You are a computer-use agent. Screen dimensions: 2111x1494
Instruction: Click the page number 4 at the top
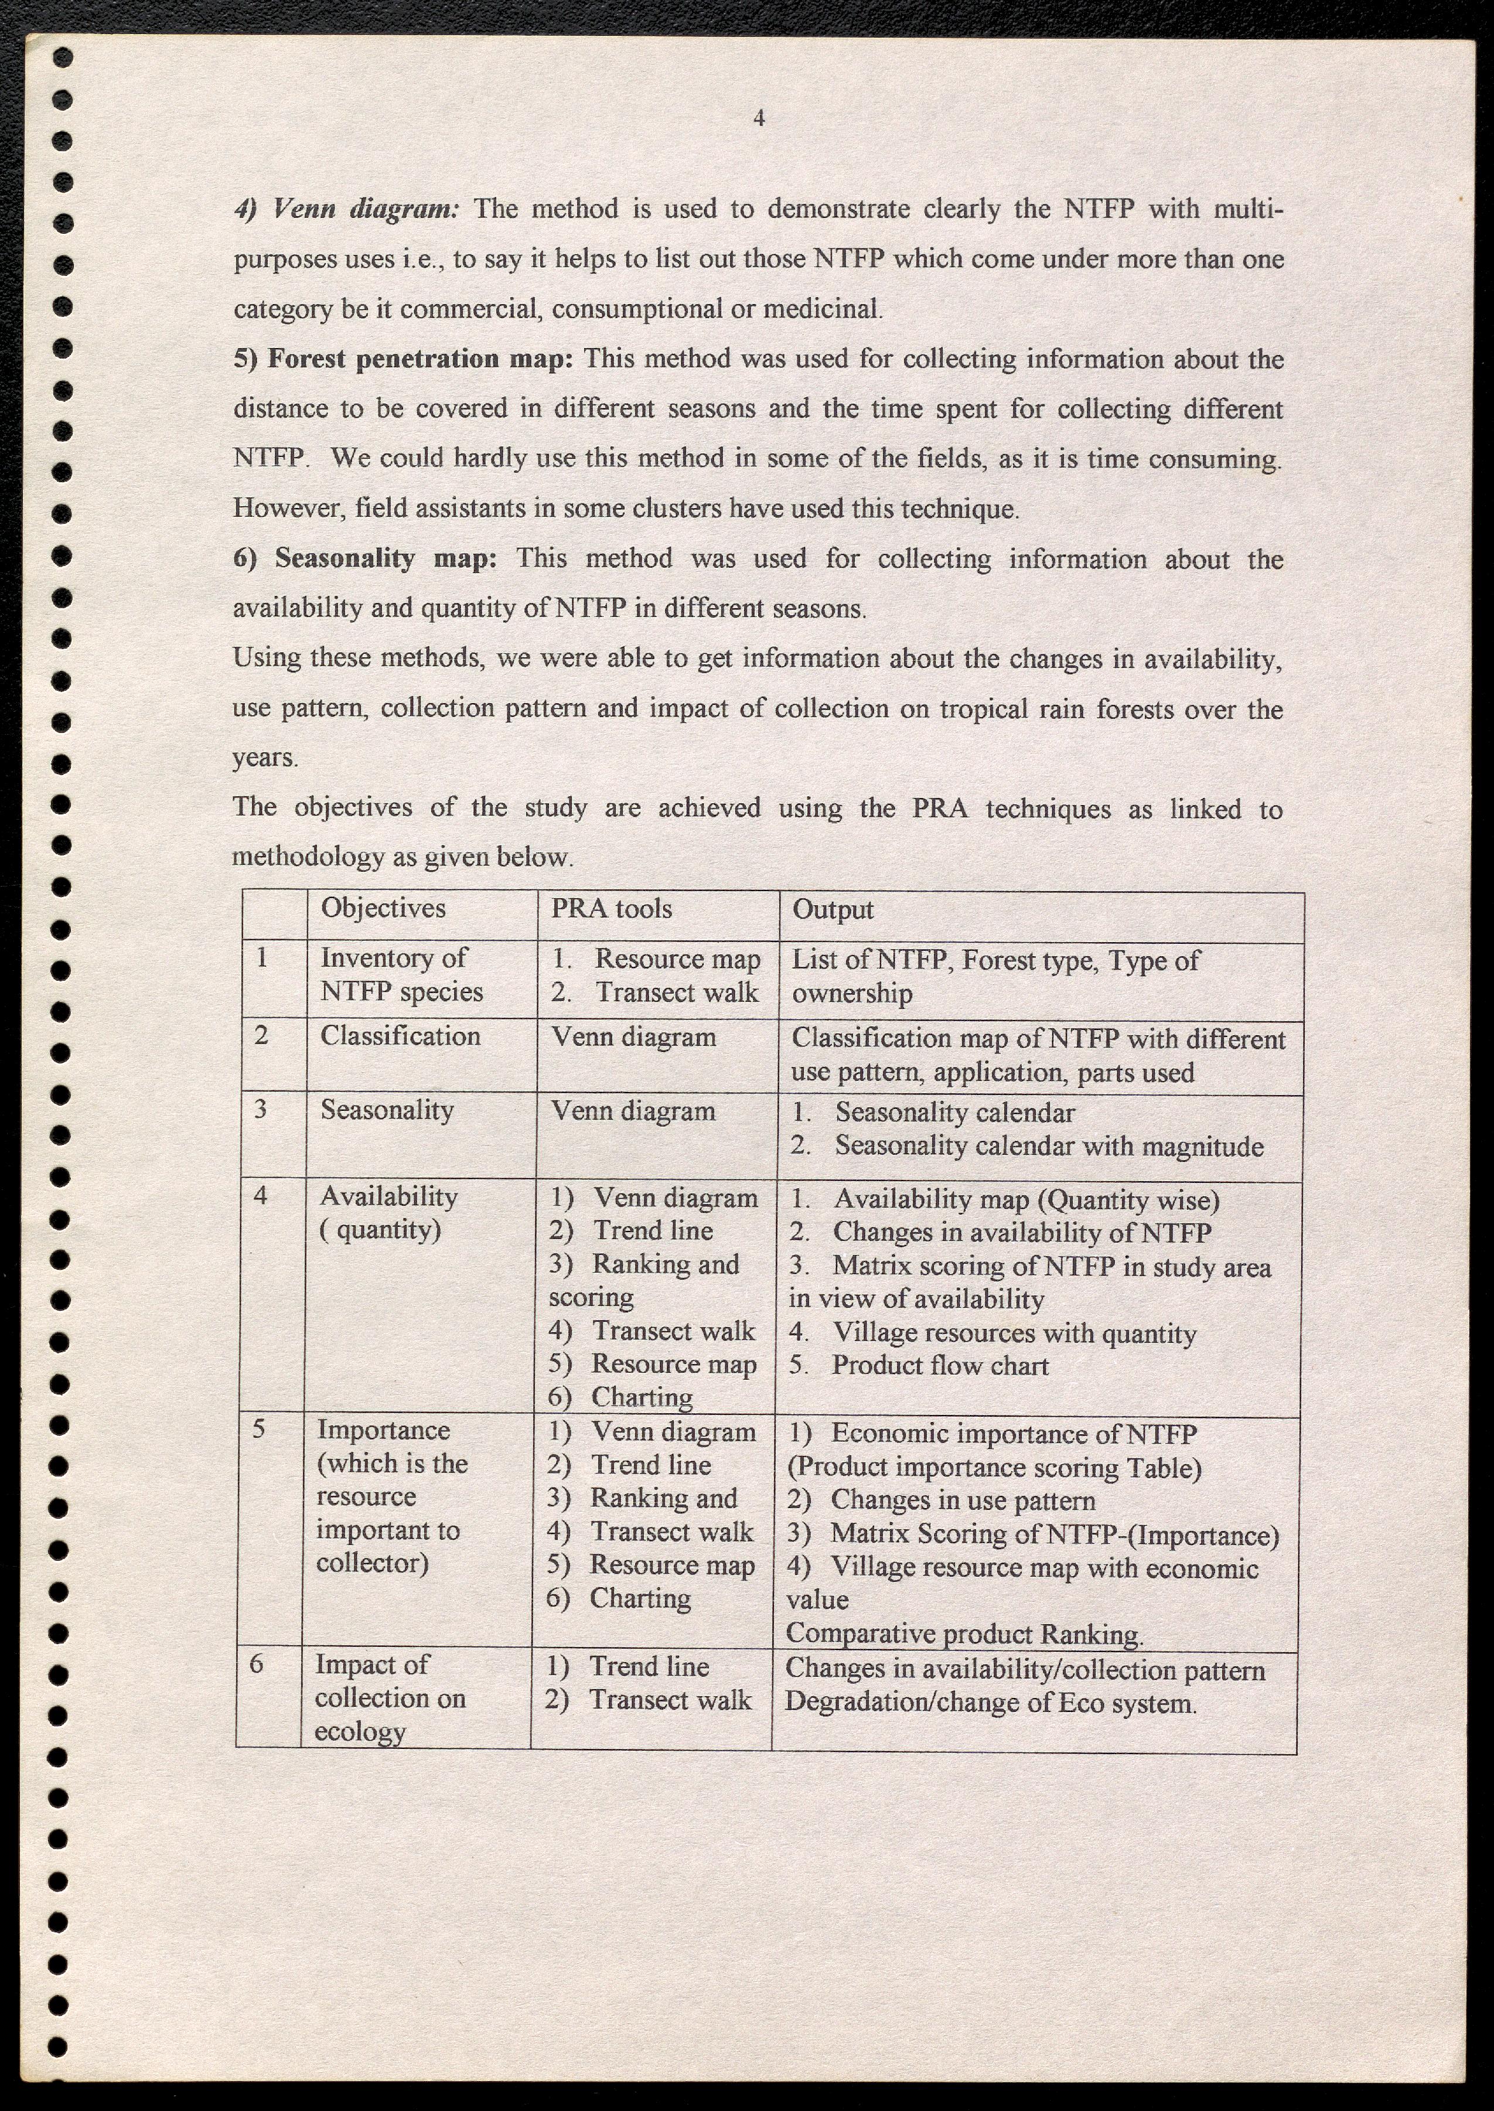(759, 118)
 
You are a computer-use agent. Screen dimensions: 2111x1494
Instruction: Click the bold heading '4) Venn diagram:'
(346, 209)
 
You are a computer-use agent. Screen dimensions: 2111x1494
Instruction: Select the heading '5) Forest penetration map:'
(403, 359)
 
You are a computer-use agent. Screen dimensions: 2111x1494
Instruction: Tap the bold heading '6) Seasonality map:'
(364, 558)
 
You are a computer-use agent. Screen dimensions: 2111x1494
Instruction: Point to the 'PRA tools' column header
(612, 909)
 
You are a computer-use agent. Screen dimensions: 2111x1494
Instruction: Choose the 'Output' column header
(833, 910)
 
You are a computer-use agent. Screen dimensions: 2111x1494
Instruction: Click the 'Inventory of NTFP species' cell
(402, 975)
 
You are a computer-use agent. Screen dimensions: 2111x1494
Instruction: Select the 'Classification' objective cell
(400, 1036)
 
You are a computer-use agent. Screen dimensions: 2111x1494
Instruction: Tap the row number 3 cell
(261, 1109)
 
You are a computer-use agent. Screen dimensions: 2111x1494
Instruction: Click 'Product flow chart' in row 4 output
(940, 1366)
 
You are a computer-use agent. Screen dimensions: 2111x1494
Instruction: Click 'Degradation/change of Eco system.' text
(990, 1704)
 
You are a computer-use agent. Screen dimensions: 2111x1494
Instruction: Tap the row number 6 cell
(257, 1664)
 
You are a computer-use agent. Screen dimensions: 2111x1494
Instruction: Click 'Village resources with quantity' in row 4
(1014, 1334)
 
